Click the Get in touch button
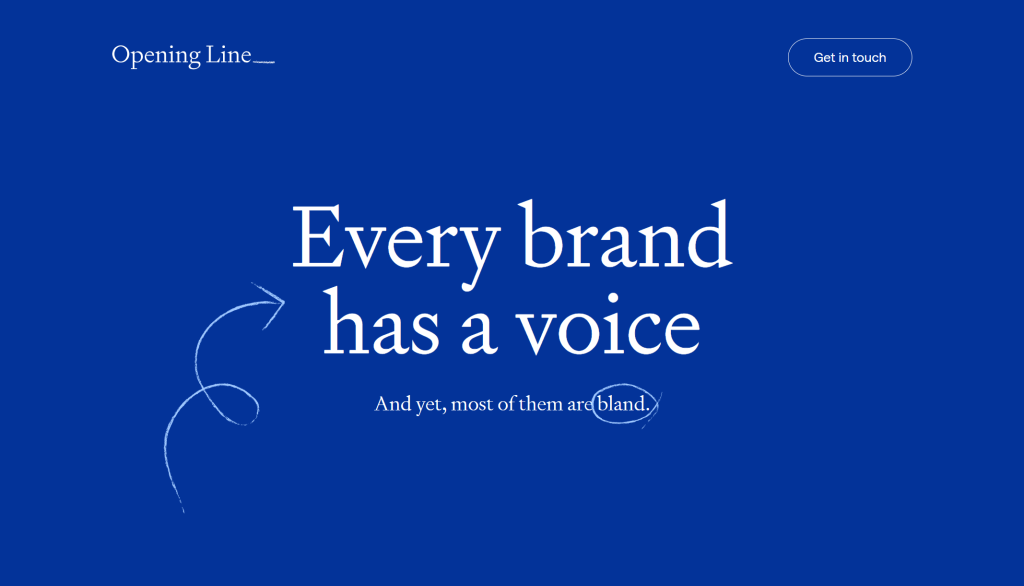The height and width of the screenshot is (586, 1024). tap(850, 57)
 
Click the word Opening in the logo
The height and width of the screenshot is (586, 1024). tap(156, 56)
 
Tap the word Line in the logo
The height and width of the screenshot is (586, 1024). tap(229, 54)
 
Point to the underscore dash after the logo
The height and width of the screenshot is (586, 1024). tap(264, 62)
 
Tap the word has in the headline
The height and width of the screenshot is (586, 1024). tap(381, 322)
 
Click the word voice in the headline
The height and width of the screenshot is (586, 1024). tap(609, 325)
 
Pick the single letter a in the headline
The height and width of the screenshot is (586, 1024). tap(478, 333)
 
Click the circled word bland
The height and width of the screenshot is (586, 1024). tap(623, 404)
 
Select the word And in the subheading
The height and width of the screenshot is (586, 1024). tap(392, 404)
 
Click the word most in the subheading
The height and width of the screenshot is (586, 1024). tap(472, 404)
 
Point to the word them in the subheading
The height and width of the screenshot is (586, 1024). tap(541, 404)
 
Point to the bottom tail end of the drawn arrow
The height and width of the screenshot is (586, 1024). tap(183, 512)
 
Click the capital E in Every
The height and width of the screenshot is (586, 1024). tap(317, 236)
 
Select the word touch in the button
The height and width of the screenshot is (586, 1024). tap(869, 57)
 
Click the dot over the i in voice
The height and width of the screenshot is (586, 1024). tap(613, 299)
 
